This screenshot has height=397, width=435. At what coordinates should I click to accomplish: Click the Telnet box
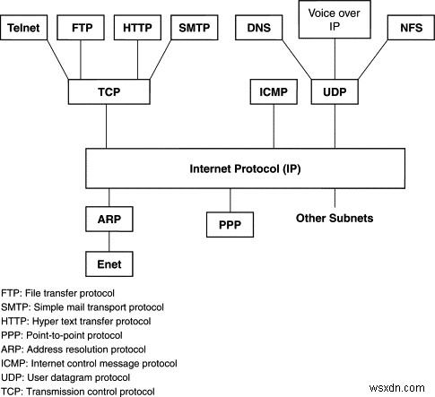point(26,29)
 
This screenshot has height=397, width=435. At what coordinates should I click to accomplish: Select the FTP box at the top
point(81,29)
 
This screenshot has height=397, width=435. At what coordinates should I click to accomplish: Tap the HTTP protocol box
point(136,29)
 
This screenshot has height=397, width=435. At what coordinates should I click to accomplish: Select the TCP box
point(108,92)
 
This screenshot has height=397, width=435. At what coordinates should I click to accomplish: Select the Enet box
point(109,264)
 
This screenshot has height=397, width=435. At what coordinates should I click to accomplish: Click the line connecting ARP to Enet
point(109,242)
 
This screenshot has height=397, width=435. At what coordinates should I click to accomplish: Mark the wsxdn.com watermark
point(402,388)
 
